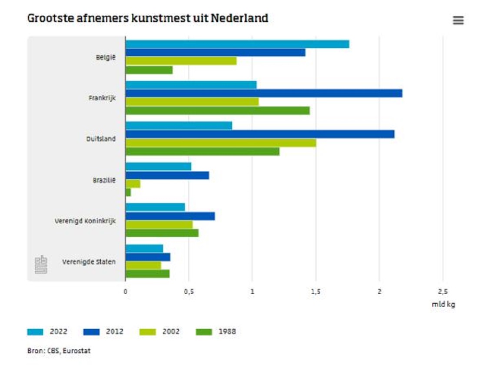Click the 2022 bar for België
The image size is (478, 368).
click(237, 44)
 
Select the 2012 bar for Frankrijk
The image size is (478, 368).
click(264, 93)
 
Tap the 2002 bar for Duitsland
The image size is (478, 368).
click(221, 143)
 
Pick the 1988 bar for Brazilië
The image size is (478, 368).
click(128, 192)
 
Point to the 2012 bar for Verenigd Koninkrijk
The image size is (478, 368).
click(170, 216)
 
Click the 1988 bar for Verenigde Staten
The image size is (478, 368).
click(147, 274)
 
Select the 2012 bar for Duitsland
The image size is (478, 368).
click(260, 134)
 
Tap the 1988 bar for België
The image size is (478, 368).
click(149, 70)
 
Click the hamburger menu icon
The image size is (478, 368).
click(458, 20)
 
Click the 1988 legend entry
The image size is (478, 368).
click(216, 332)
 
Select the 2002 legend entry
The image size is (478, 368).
click(159, 332)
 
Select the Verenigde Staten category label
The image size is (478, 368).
click(89, 262)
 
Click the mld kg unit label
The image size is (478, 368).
click(443, 305)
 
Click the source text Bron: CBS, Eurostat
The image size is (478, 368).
click(59, 351)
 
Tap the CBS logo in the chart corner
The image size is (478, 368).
click(41, 265)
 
